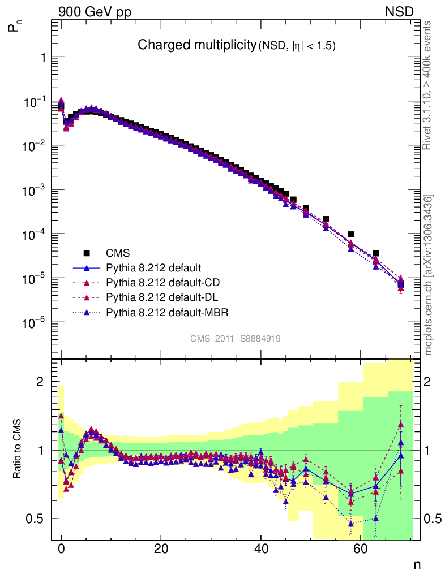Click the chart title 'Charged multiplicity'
point(196,45)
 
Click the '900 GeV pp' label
point(94,11)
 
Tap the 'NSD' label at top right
point(400,11)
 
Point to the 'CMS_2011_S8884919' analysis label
point(236,338)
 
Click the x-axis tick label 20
point(161,550)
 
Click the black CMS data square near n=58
point(350,235)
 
